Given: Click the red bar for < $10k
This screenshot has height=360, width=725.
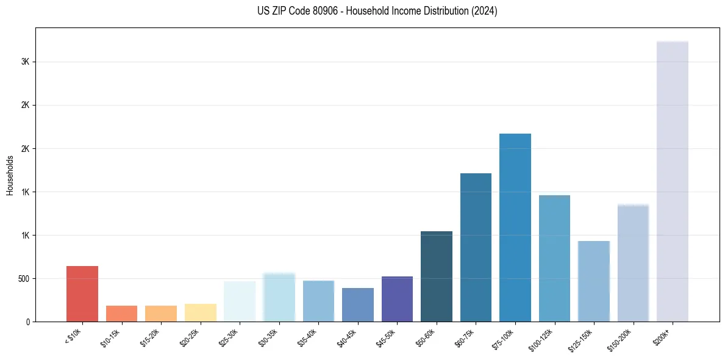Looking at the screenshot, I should click(82, 293).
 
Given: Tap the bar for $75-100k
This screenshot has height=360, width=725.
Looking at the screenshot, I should click(515, 228).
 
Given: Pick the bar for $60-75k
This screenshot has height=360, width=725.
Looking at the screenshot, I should click(476, 247).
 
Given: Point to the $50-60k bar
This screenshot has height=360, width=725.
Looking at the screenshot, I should click(437, 276).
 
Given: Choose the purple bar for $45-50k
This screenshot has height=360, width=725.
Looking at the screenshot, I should click(397, 299).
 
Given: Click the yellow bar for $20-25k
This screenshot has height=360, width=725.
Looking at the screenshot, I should click(201, 312).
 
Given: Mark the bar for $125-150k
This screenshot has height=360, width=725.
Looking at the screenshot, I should click(594, 281).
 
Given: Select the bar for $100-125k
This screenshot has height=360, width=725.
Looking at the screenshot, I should click(554, 258).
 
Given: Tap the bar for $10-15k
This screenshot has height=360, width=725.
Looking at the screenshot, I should click(121, 314).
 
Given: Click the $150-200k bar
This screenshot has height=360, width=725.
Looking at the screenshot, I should click(633, 263).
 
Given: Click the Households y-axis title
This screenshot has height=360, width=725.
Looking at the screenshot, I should click(10, 175).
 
